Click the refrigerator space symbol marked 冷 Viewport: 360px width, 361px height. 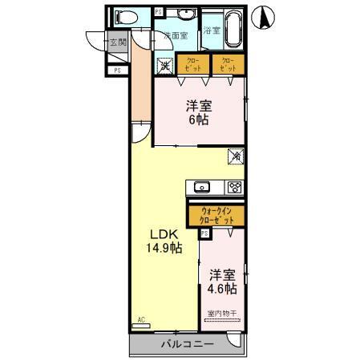[237, 156]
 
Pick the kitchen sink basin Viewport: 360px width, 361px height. [201, 188]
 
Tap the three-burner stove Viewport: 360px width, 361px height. [235, 188]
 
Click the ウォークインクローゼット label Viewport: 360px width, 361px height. [217, 215]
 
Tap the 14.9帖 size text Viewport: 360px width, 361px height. [164, 248]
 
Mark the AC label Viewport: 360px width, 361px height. [141, 318]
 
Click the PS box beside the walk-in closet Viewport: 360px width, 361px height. [204, 233]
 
